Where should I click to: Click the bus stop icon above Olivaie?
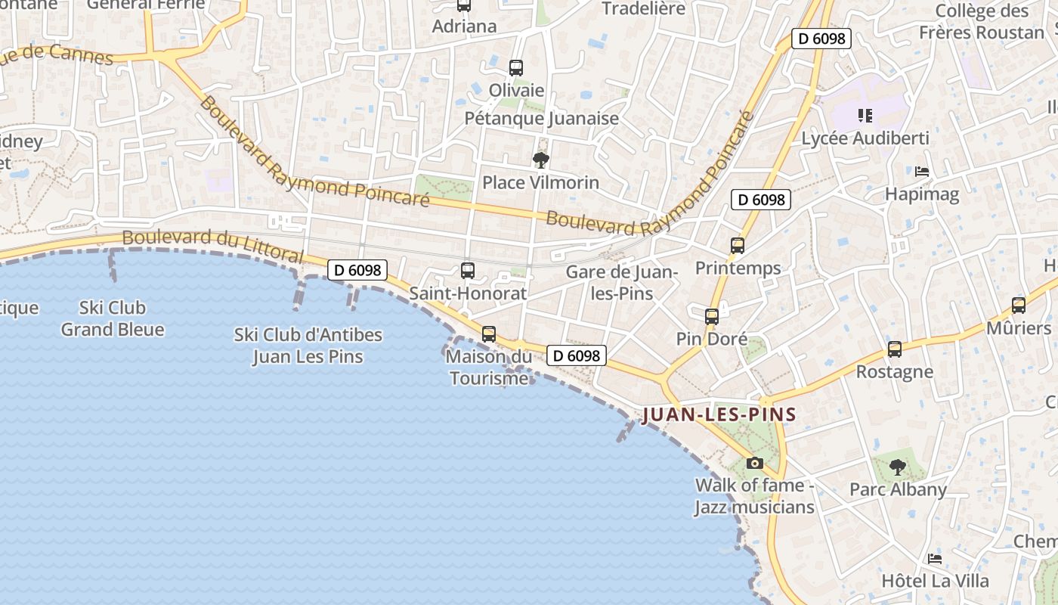[516, 68]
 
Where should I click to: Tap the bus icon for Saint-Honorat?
[468, 271]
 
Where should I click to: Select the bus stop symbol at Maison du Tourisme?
[489, 334]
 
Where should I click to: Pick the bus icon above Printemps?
[738, 246]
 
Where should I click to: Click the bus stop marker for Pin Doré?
[712, 317]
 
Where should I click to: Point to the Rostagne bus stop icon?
[895, 349]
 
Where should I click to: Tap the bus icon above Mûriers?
[1019, 306]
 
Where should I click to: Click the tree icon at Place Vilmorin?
[540, 160]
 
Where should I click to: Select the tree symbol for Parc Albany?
[897, 467]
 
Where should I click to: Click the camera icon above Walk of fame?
[754, 463]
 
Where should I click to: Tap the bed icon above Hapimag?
[922, 172]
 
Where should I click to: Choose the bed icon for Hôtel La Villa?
[935, 559]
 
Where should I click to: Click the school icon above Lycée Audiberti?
[865, 116]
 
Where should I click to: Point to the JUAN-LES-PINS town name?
[719, 414]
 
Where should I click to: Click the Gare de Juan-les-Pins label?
[621, 282]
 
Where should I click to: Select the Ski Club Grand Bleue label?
[113, 318]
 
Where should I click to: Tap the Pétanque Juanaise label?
[541, 118]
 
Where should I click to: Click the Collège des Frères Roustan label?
[982, 21]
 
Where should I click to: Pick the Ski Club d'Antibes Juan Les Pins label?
[308, 345]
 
